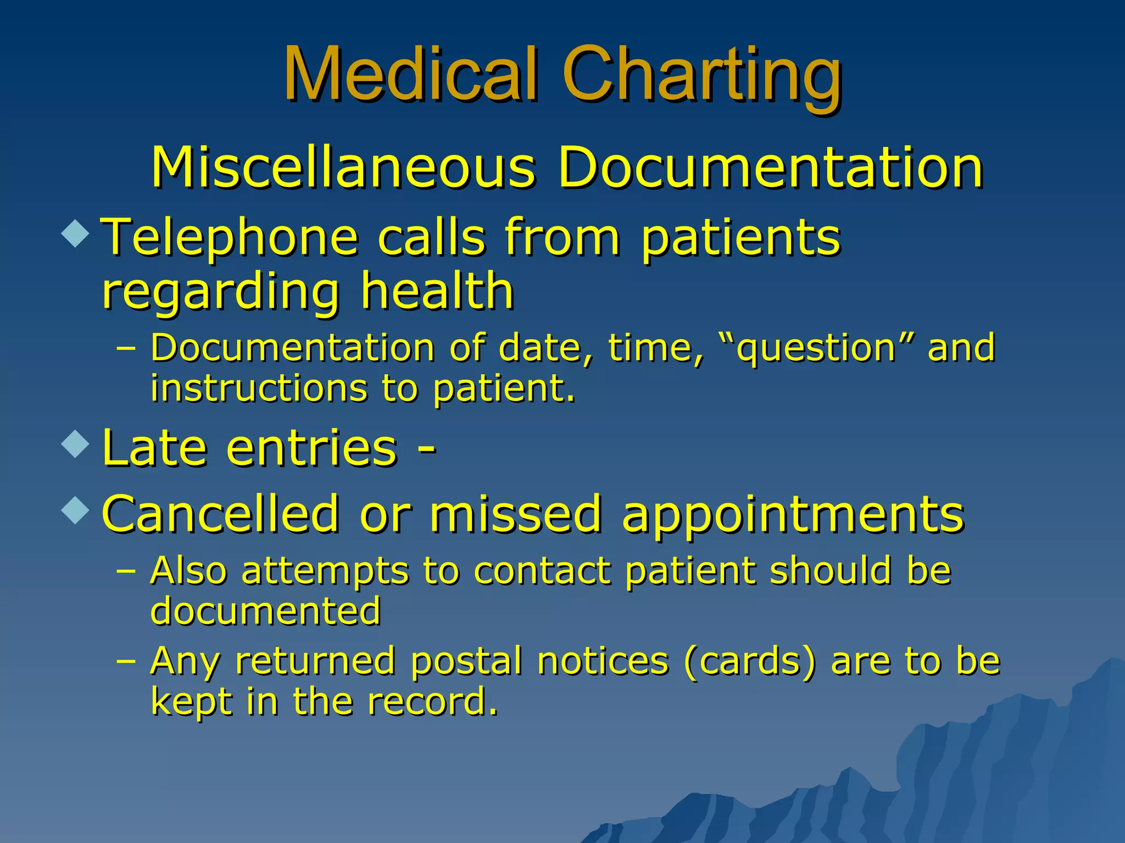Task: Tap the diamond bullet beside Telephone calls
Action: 75,233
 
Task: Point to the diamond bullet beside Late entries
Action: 75,444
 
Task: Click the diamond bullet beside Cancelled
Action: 75,510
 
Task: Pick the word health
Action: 437,291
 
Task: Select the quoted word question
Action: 816,349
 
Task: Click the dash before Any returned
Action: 126,661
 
